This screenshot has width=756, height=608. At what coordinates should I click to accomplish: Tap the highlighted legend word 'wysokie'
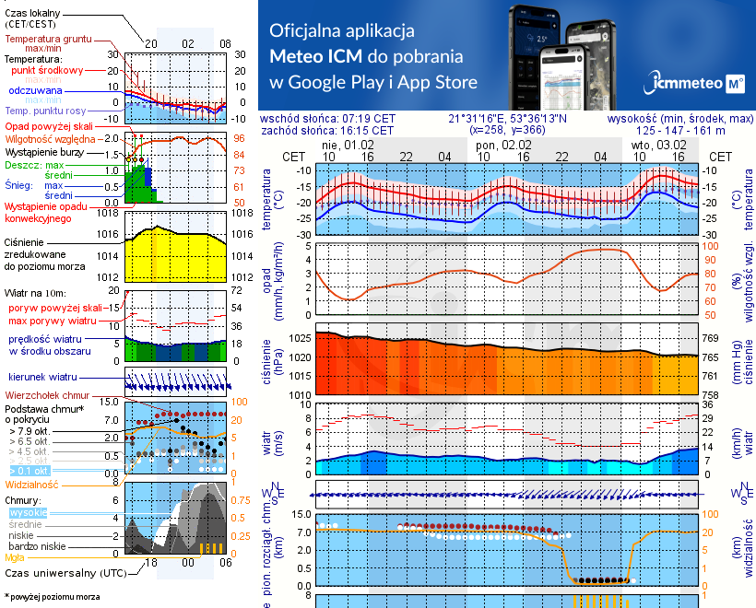(x=28, y=512)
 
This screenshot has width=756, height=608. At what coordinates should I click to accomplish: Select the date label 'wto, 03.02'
(x=658, y=145)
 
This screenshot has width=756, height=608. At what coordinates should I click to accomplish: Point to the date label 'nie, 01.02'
(x=348, y=145)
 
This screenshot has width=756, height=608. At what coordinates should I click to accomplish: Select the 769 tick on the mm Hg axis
(x=711, y=339)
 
